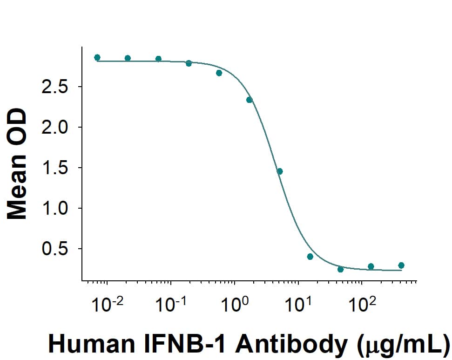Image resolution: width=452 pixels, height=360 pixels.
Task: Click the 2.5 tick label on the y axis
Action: click(x=55, y=87)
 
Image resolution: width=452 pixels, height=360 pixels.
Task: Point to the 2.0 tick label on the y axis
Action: click(x=55, y=128)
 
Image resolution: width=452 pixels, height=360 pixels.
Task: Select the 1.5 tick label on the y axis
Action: click(x=55, y=168)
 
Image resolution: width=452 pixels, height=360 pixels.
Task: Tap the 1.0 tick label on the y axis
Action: click(x=55, y=209)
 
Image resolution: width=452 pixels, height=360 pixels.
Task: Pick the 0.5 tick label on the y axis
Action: click(x=55, y=249)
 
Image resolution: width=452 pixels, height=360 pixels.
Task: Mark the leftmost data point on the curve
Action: click(x=97, y=57)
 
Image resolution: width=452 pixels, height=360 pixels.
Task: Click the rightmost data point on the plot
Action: click(x=401, y=265)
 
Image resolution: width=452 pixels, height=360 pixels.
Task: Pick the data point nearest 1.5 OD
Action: click(x=280, y=171)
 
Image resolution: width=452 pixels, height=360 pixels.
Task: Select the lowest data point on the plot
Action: click(x=340, y=269)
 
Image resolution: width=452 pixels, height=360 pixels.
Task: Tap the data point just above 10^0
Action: click(x=250, y=100)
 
